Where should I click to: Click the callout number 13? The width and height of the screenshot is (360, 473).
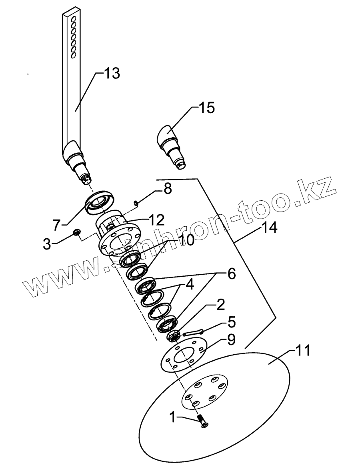pyautogui.click(x=112, y=74)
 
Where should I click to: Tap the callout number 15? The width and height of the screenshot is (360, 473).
pyautogui.click(x=206, y=108)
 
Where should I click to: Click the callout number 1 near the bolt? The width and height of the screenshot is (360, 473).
pyautogui.click(x=172, y=418)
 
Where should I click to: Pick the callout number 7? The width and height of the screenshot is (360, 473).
pyautogui.click(x=56, y=224)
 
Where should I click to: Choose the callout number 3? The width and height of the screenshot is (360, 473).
pyautogui.click(x=47, y=244)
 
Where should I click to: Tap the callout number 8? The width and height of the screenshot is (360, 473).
pyautogui.click(x=167, y=189)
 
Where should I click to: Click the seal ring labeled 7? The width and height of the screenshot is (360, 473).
pyautogui.click(x=100, y=200)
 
